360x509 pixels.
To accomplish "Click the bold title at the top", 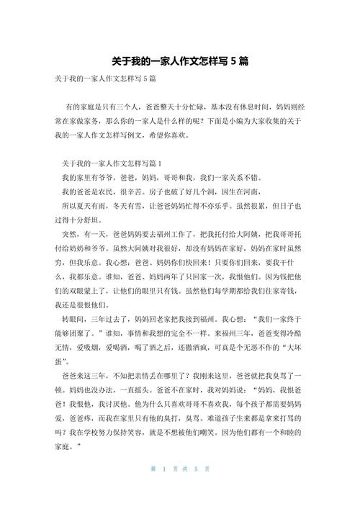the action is pyautogui.click(x=180, y=62).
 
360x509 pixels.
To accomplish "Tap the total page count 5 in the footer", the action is pyautogui.click(x=194, y=489).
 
